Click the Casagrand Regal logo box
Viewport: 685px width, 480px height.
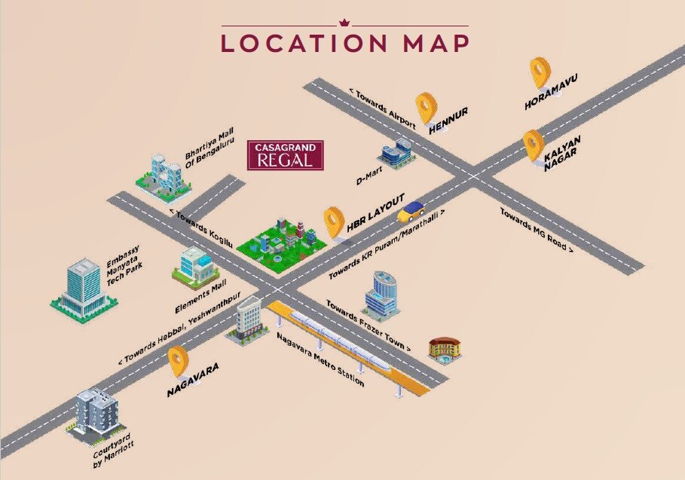pos(286,155)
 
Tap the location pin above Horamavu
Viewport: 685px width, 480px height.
pos(540,73)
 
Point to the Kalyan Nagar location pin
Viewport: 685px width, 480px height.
pos(534,144)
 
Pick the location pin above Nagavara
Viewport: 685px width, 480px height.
pos(178,362)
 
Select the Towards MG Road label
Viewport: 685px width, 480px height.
pos(537,229)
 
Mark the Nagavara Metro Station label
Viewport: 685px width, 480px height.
pos(320,359)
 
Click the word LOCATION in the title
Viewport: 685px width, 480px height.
pos(304,42)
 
